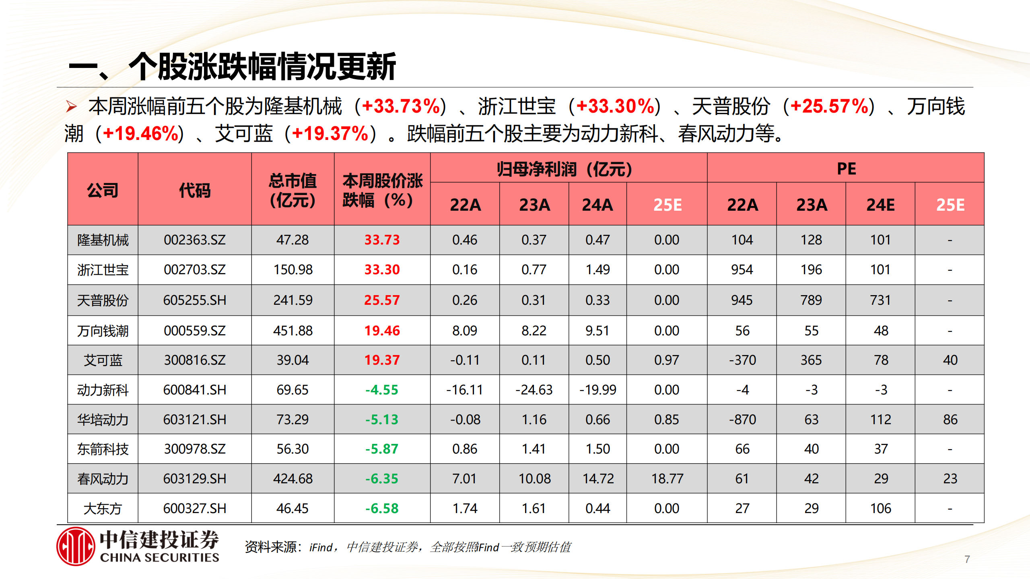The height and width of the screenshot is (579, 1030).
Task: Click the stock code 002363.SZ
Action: point(195,240)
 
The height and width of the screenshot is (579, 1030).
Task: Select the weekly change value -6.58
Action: point(381,508)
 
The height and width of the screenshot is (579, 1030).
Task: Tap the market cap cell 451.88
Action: point(293,331)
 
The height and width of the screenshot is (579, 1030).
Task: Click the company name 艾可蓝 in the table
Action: point(103,360)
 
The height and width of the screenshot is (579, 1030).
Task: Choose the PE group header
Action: point(846,168)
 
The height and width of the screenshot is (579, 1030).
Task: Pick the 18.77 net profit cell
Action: point(667,478)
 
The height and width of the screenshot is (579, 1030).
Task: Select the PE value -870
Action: point(742,419)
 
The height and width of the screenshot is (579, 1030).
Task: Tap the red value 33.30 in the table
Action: point(382,269)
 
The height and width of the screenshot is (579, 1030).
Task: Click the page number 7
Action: point(967,559)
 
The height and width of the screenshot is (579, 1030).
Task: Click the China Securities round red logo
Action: point(76,546)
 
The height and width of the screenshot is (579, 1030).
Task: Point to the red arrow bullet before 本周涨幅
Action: point(72,107)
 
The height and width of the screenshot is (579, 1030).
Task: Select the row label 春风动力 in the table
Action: point(103,479)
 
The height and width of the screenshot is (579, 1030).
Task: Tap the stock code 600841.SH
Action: point(195,390)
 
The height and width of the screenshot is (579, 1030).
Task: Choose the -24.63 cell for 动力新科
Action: point(534,390)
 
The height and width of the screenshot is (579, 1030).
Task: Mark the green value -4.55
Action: point(381,390)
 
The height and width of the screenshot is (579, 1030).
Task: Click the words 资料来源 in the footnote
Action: point(270,547)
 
